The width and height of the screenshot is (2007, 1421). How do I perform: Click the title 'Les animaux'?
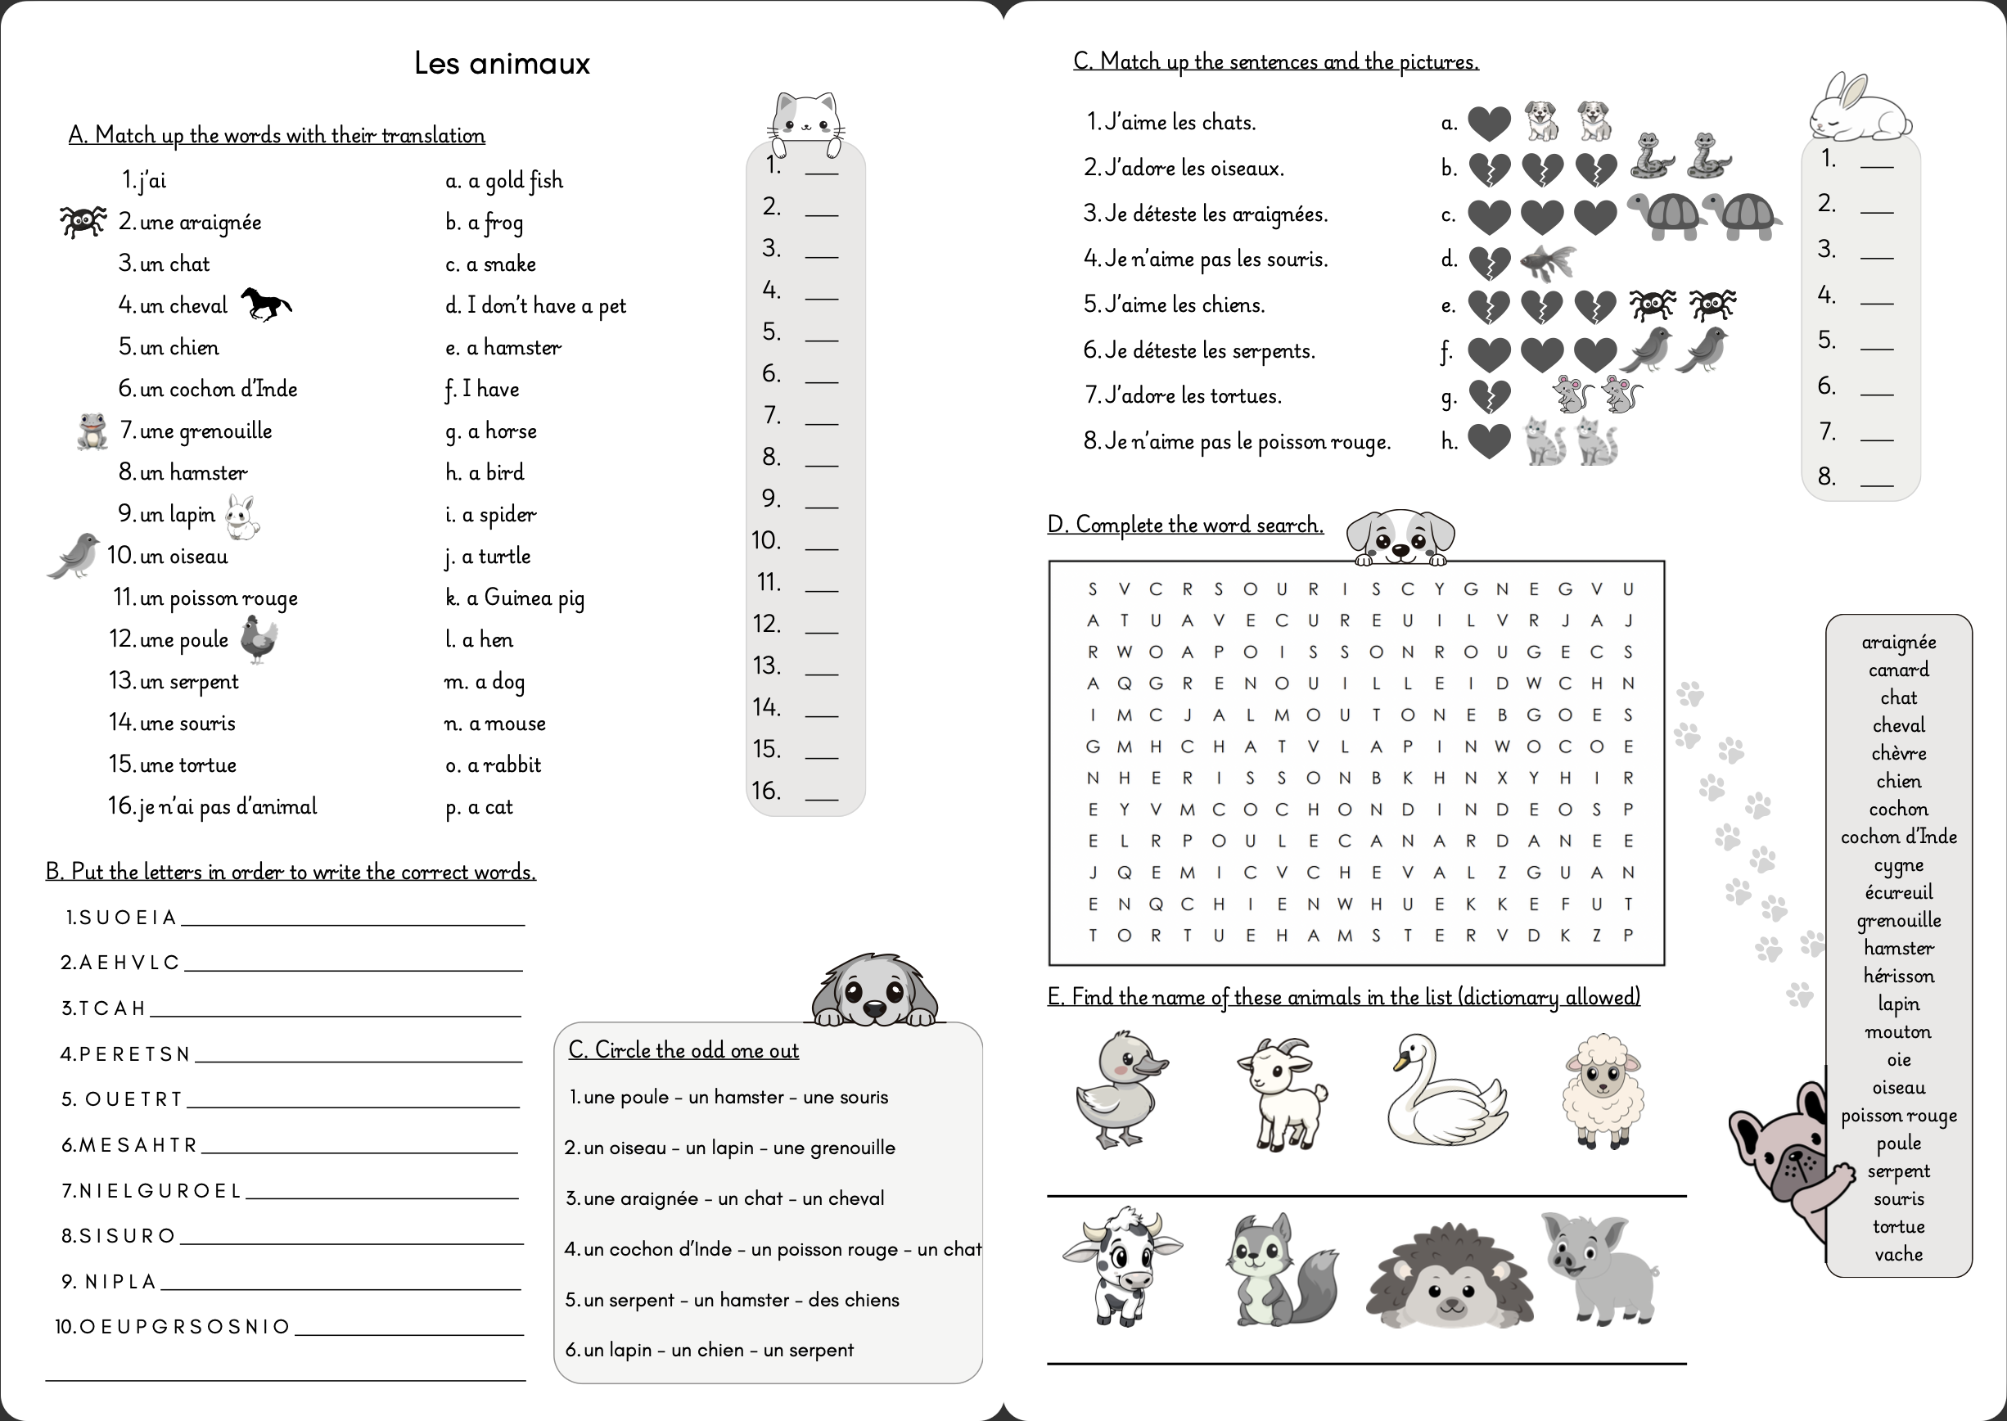click(x=503, y=64)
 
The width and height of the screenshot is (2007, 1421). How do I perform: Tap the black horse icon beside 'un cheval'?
click(x=265, y=304)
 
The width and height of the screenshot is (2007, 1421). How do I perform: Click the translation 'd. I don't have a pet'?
click(x=535, y=305)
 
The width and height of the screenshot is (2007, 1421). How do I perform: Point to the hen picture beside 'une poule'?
click(x=259, y=638)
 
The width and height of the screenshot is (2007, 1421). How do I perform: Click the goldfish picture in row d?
click(x=1548, y=261)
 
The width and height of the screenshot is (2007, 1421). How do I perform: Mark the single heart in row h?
click(x=1488, y=442)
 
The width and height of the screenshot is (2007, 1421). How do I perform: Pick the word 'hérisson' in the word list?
click(x=1898, y=976)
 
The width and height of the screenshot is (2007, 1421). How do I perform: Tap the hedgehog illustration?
click(x=1450, y=1277)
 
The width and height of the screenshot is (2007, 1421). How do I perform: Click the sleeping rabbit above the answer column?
click(x=1859, y=110)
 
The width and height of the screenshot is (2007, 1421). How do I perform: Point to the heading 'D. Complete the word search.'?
click(x=1184, y=525)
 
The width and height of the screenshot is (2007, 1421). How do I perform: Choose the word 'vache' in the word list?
click(x=1898, y=1254)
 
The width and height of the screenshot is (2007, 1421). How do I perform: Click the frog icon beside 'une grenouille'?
click(x=91, y=431)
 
